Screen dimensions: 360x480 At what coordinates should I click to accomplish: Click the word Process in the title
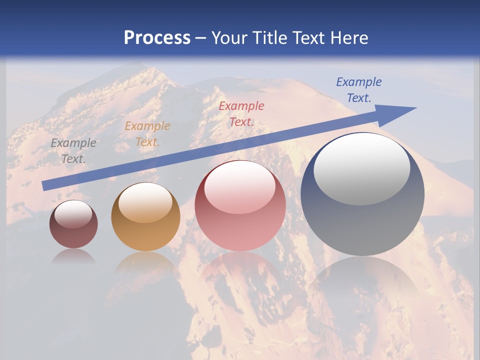[x=157, y=38]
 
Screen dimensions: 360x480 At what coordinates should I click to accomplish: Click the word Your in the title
[x=229, y=38]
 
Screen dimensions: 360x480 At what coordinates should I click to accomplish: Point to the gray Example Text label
[x=73, y=150]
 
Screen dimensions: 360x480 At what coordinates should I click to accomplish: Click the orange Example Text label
[x=147, y=134]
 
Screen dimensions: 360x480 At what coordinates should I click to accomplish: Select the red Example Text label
[x=241, y=113]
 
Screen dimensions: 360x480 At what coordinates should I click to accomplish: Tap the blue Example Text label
[x=358, y=90]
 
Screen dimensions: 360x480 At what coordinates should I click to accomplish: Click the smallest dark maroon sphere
[x=73, y=224]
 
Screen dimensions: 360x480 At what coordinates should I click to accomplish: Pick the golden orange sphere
[x=145, y=216]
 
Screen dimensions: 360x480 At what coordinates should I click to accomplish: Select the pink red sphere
[x=240, y=205]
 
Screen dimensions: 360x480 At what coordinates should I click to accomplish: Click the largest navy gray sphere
[x=362, y=194]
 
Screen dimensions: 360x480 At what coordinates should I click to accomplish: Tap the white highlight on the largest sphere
[x=361, y=169]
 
